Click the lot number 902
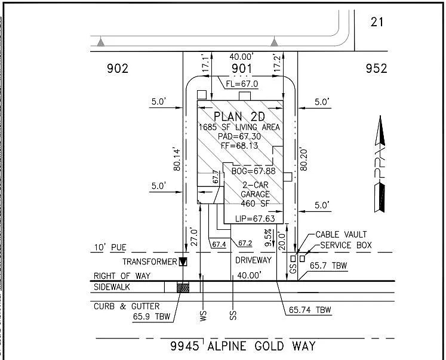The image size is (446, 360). point(118,69)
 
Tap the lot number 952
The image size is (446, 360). point(376,69)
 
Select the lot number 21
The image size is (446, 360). point(377,22)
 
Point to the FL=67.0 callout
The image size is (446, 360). point(242,84)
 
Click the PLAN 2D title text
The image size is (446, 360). point(239,116)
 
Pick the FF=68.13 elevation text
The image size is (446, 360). point(239,146)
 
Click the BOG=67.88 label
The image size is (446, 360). point(253,171)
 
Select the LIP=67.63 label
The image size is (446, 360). point(255,219)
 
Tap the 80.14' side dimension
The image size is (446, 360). point(177,160)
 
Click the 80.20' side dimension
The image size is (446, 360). point(303,159)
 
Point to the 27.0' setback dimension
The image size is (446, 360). point(193,236)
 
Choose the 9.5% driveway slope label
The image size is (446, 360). point(268,238)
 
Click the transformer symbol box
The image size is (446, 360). point(183,261)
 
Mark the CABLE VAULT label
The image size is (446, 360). point(341,235)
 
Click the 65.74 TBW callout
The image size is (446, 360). point(310,310)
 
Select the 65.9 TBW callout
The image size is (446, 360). point(151,316)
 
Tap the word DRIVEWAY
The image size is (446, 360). point(253,260)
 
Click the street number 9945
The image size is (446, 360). point(185,346)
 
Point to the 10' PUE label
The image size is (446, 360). point(110,247)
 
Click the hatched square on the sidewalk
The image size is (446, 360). point(183,287)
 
